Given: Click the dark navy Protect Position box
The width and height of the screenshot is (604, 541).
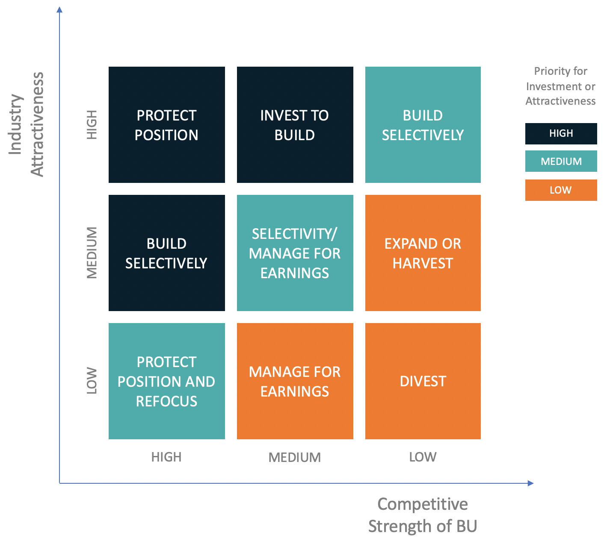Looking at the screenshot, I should [x=167, y=125].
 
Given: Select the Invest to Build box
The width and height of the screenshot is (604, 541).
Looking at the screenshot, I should [x=295, y=125].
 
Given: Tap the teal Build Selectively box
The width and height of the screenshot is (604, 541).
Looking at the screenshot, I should [x=423, y=125].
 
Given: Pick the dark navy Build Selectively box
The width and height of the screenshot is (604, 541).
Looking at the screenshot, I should [x=167, y=253].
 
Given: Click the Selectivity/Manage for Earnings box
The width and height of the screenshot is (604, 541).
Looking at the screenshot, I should [x=295, y=253].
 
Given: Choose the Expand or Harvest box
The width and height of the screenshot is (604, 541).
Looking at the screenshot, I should [x=423, y=253].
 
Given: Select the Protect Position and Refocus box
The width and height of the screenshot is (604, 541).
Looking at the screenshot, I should [x=167, y=381].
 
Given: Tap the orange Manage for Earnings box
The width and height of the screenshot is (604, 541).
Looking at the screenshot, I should [x=295, y=381].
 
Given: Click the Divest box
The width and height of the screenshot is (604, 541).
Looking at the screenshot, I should [x=423, y=381].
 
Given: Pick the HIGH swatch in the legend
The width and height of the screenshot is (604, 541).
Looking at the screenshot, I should [x=561, y=134].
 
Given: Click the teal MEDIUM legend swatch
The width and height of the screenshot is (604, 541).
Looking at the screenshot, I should [x=561, y=161].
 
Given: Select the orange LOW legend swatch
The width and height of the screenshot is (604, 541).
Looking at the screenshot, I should [x=561, y=190].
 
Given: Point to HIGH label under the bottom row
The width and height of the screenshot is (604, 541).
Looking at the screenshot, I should [x=166, y=457].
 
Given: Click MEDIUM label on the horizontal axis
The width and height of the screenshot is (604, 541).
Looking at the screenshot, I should [x=295, y=458].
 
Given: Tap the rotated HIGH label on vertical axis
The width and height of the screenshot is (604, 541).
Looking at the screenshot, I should [x=92, y=124].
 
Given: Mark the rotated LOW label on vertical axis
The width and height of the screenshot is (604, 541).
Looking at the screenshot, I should [x=92, y=381].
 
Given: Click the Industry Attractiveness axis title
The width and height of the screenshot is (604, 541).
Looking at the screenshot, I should [x=27, y=124].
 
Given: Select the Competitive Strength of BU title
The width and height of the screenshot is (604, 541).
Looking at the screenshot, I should [x=423, y=515].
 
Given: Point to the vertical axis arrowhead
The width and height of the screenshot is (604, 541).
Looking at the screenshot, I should [x=59, y=9].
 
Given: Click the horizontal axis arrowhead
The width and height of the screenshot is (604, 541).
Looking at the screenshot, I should [x=531, y=483].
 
